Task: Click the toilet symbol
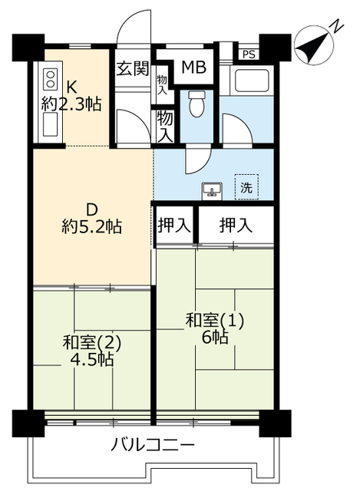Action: pos(197,104)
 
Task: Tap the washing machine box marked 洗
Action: pos(246,187)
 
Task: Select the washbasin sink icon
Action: pos(212,189)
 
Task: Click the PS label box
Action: pos(249,54)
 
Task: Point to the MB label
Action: pos(194,67)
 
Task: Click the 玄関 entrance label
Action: pos(133,68)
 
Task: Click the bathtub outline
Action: pos(249,81)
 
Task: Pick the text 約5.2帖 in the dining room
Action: pos(92,226)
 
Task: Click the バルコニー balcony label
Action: pos(153,445)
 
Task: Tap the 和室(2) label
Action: pos(91,343)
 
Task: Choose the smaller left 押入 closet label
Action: pos(174,225)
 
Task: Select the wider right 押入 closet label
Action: pos(236,225)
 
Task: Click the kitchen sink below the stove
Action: pos(50,124)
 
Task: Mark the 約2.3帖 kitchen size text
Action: pos(71,104)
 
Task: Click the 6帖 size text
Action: pos(215,338)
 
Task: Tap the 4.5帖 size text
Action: pos(92,359)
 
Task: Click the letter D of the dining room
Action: pos(92,209)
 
